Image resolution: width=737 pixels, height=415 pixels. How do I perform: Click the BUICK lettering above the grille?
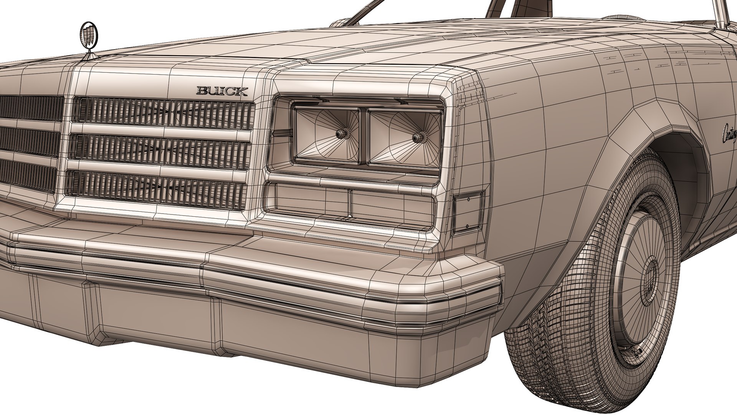(x=222, y=91)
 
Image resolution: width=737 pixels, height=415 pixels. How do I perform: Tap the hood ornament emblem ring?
(x=89, y=35)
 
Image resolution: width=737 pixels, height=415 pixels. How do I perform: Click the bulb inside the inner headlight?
(x=341, y=134)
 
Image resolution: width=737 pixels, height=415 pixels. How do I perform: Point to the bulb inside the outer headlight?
(x=417, y=136)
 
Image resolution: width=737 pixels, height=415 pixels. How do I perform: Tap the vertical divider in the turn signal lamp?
(x=350, y=203)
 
